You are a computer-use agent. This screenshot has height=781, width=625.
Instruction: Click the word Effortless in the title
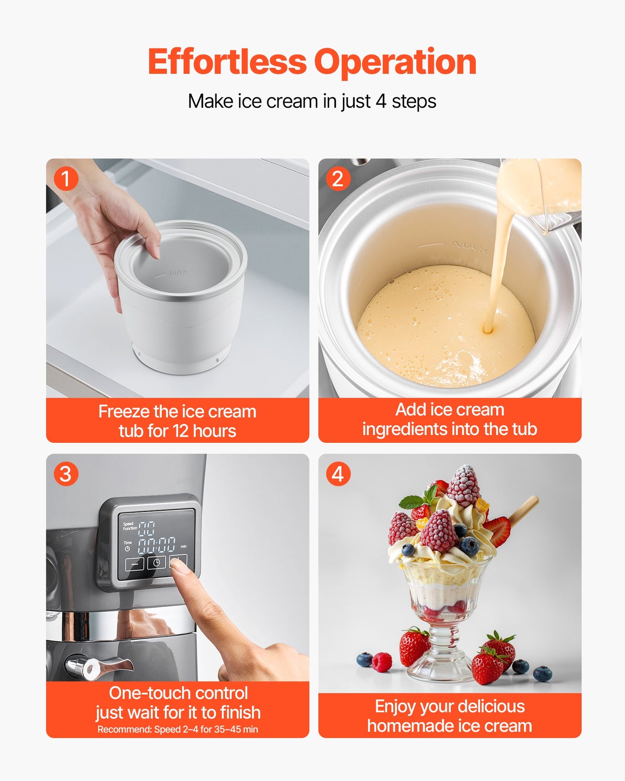pyautogui.click(x=227, y=62)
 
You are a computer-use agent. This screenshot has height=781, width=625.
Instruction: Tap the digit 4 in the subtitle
pyautogui.click(x=381, y=101)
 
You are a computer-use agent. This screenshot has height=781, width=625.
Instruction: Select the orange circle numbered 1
pyautogui.click(x=66, y=179)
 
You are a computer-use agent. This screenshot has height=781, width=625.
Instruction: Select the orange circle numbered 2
pyautogui.click(x=338, y=179)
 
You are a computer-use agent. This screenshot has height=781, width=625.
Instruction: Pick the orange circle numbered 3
pyautogui.click(x=66, y=474)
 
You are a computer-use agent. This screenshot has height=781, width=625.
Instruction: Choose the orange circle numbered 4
pyautogui.click(x=338, y=474)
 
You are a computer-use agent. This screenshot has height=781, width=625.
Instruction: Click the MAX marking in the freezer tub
pyautogui.click(x=178, y=272)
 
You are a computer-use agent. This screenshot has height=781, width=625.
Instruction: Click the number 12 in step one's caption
pyautogui.click(x=181, y=431)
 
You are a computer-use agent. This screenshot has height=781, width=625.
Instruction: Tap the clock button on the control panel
pyautogui.click(x=157, y=563)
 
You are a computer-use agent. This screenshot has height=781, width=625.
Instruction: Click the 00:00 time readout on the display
pyautogui.click(x=157, y=545)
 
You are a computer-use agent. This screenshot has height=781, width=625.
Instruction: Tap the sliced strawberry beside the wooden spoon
pyautogui.click(x=498, y=531)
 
